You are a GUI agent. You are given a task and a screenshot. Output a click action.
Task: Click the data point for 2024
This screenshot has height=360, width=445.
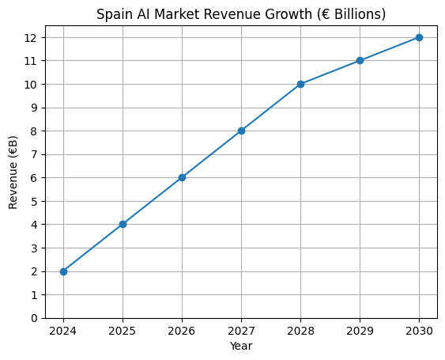coord(63,271)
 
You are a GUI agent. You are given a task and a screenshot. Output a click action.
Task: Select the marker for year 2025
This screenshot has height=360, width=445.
coord(123,224)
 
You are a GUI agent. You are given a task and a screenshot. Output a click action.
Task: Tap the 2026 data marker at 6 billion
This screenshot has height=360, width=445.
coord(182,177)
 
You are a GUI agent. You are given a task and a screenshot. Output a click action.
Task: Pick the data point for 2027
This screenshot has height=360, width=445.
coord(241,131)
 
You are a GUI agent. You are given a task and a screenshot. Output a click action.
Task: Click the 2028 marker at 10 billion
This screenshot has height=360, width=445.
coord(300,84)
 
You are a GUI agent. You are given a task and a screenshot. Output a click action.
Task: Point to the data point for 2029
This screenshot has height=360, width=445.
coord(360,60)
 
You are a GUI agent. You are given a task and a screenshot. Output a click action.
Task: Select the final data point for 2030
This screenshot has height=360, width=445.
coord(419,37)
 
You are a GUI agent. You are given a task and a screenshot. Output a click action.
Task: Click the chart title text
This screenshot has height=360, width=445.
coord(241,14)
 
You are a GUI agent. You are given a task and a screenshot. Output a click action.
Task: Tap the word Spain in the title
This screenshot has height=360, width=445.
coord(112,14)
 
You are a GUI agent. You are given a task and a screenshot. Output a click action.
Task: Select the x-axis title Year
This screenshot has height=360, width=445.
coord(241,346)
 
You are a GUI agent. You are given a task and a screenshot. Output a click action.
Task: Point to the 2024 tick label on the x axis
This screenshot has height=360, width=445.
coord(63,331)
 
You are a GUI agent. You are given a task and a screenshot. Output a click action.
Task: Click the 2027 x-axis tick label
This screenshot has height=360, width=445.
coord(241,331)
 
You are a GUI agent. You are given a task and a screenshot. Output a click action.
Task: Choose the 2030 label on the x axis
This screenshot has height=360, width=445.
coord(419,331)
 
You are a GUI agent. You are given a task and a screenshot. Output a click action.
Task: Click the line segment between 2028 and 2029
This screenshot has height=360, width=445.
coord(330,72)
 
